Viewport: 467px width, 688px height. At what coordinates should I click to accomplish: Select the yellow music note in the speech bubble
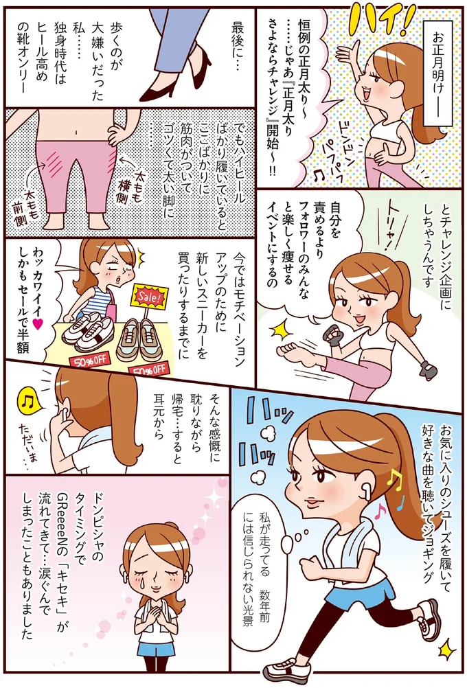pos(26,400)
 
